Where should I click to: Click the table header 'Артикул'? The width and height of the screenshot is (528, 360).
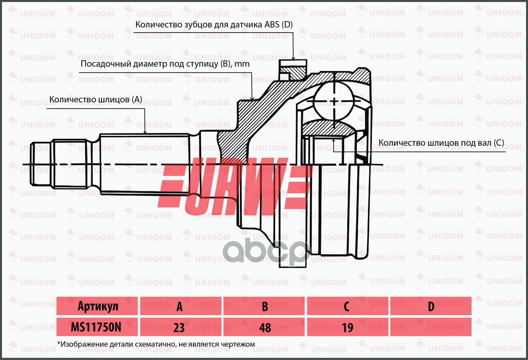coord(98,306)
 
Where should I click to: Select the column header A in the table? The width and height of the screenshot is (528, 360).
coord(180,306)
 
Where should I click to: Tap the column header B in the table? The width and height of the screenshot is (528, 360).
coord(265,306)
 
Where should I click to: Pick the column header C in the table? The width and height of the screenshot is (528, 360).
coord(347,306)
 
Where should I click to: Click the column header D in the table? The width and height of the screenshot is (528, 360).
coord(431,306)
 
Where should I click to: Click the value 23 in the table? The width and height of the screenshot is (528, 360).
coord(179,328)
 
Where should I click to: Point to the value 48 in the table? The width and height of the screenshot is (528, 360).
coord(265,328)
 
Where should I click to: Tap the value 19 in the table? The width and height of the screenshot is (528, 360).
coord(347,328)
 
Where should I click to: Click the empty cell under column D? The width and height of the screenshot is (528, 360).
coord(431,327)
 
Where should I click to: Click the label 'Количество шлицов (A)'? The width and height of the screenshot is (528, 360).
coord(96,99)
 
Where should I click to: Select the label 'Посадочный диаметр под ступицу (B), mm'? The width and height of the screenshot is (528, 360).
coord(165,64)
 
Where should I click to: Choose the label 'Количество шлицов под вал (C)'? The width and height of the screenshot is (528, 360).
coord(441,143)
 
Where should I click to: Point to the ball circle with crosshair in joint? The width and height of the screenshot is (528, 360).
coord(333,101)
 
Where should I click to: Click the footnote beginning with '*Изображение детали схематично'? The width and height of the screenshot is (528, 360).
coord(156,344)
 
